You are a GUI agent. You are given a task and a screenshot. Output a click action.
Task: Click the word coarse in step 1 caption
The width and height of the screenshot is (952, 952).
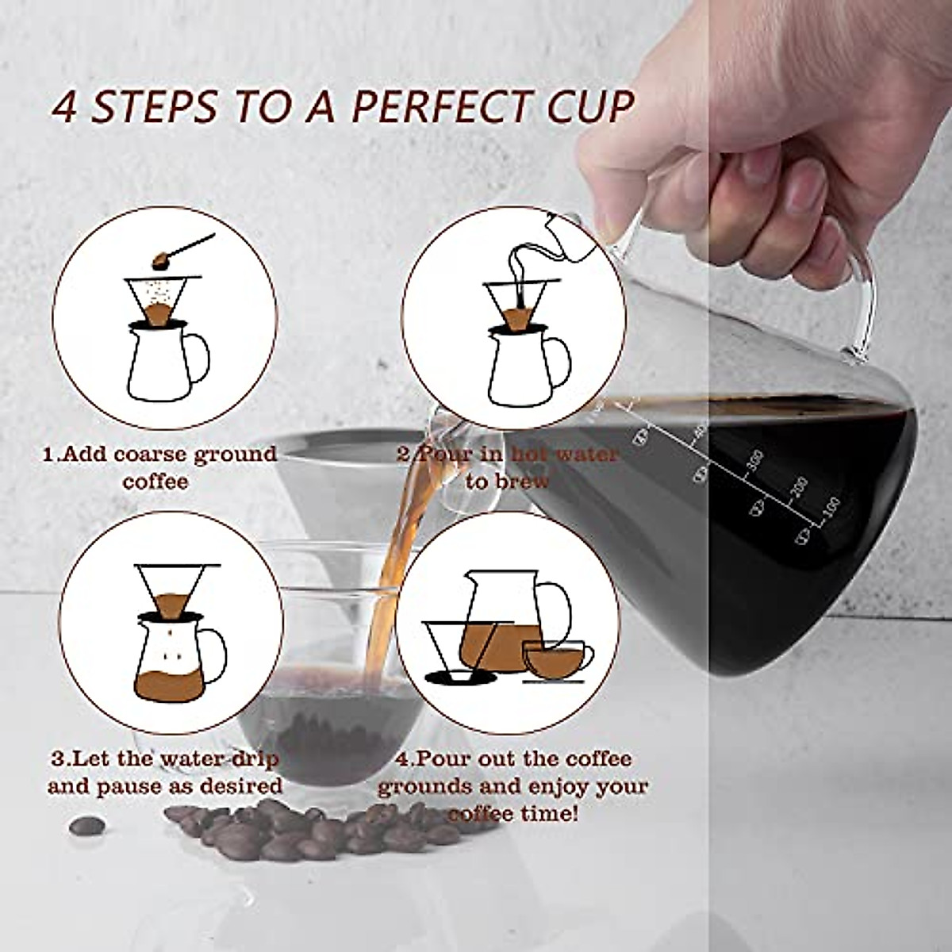click(130, 455)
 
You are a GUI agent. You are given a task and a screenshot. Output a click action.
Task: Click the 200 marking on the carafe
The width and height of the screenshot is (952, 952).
click(797, 486)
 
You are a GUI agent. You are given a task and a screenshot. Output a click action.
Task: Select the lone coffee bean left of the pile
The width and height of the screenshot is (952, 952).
click(86, 825)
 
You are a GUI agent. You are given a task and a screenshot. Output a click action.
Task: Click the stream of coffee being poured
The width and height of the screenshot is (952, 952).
click(397, 555)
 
